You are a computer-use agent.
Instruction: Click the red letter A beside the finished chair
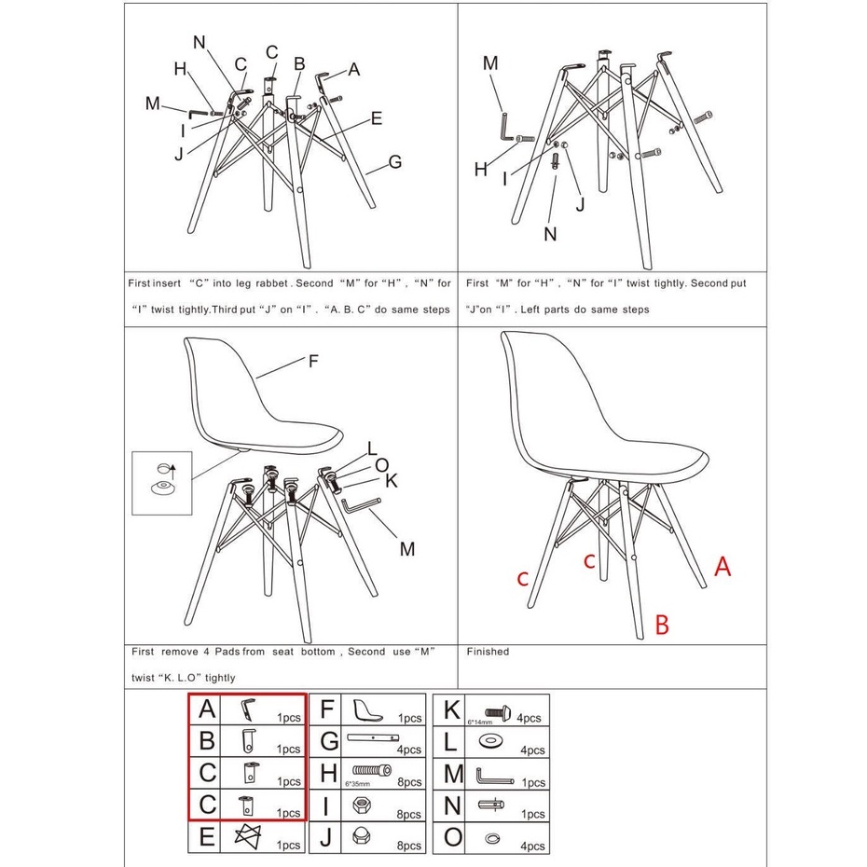coord(722,567)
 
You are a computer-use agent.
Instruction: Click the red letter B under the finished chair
coord(662,625)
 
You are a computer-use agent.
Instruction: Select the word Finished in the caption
coord(488,652)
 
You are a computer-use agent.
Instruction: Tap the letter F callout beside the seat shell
coord(313,361)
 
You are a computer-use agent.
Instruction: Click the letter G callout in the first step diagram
coord(394,162)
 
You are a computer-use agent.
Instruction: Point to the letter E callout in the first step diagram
coord(376,118)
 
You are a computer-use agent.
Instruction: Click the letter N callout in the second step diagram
coord(550,234)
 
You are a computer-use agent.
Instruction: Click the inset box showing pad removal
coord(162,483)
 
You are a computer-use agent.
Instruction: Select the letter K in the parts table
coord(451,709)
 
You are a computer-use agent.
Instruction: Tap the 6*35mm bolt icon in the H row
coord(372,770)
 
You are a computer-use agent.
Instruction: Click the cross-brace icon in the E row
coord(247,836)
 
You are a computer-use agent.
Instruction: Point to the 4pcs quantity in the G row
coord(408,750)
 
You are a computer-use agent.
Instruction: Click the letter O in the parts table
coord(452,836)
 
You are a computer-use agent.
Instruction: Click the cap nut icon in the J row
coord(361,837)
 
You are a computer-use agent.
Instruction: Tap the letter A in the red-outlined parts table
coord(206,709)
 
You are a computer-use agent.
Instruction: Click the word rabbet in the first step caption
coord(271,283)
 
